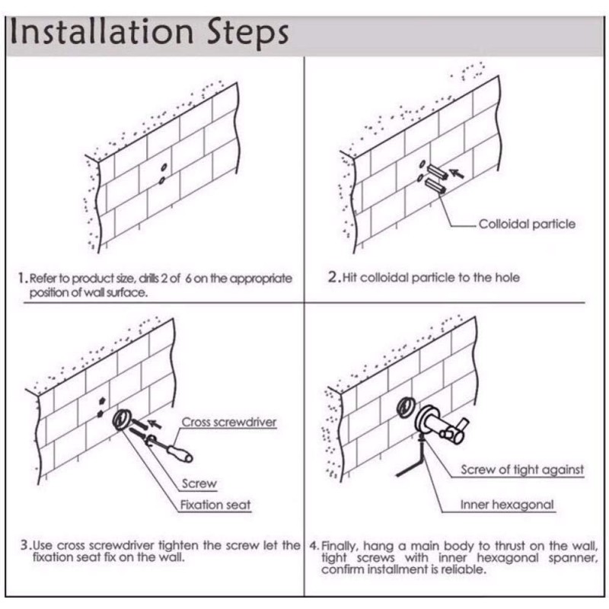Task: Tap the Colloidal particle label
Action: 527,224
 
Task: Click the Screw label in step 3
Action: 199,483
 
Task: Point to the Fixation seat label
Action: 215,505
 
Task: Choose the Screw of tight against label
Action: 522,470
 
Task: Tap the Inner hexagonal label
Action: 507,505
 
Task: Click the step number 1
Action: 23,279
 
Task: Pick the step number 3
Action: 25,545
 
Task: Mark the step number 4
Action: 313,547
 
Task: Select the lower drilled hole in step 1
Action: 161,181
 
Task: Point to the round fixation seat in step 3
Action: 121,420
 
